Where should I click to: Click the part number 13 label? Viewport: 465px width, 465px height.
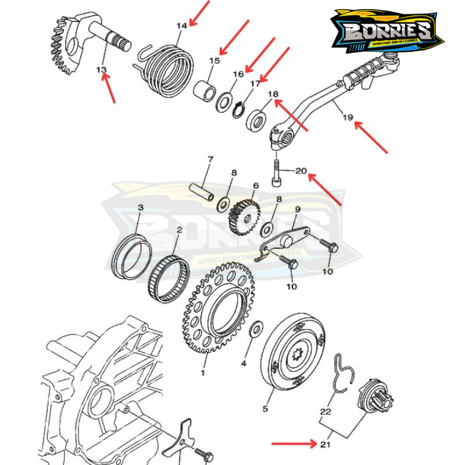102,70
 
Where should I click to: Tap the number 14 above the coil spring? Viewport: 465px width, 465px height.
182,26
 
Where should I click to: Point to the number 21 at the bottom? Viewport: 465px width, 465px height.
324,445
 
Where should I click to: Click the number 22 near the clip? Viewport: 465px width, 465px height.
325,412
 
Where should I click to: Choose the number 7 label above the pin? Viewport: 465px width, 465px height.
210,159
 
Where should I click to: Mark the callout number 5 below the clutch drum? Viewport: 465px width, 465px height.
265,409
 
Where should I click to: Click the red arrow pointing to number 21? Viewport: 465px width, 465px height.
294,443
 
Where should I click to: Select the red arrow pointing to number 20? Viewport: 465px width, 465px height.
326,188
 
